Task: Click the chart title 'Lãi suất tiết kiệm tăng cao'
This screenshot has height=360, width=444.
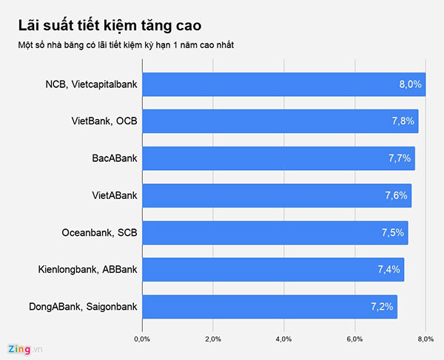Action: click(108, 28)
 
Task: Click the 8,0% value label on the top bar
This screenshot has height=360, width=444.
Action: click(410, 84)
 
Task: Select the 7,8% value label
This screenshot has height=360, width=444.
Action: click(403, 121)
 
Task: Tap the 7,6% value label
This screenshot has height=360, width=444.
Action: click(397, 195)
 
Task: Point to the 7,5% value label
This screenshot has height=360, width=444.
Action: click(393, 232)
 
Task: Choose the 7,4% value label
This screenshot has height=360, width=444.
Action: click(389, 269)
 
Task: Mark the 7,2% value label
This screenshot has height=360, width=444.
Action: click(383, 306)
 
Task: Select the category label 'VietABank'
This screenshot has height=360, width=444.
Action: click(112, 195)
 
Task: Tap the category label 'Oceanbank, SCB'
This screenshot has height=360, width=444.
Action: click(99, 232)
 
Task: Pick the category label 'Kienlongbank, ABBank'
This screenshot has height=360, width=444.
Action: click(87, 269)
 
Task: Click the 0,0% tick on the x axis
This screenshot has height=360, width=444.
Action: click(142, 339)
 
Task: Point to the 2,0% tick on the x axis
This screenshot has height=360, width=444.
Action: click(213, 339)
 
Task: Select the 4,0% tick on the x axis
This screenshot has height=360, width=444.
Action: click(283, 339)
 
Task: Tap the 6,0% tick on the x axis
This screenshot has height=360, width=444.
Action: click(354, 339)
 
